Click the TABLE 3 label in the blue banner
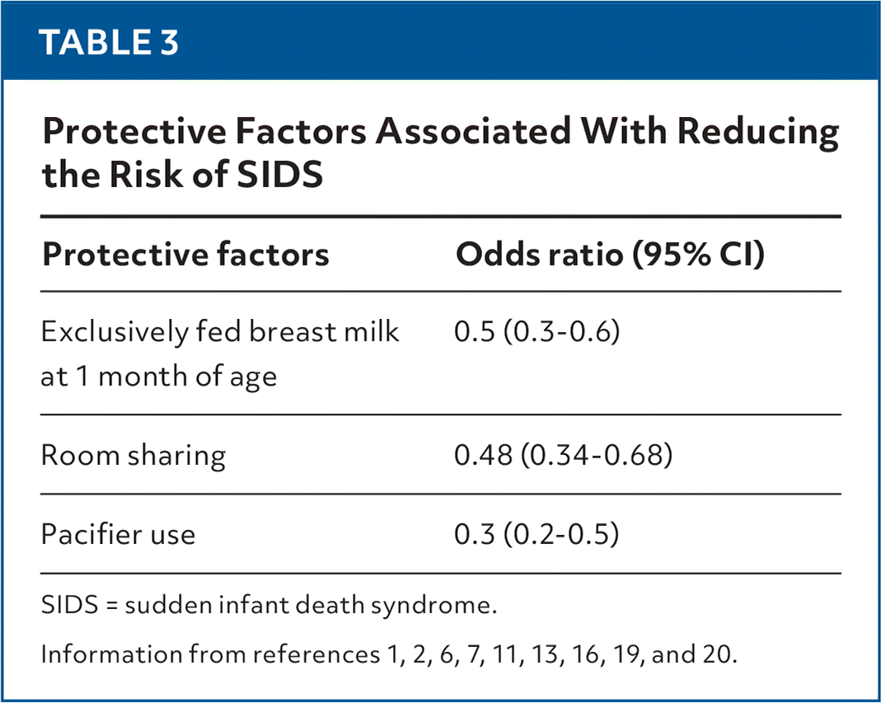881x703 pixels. [x=109, y=42]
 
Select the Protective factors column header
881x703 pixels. [x=185, y=255]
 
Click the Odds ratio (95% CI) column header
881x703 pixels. [x=611, y=255]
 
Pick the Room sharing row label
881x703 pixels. [x=134, y=455]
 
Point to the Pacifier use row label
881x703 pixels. [x=119, y=534]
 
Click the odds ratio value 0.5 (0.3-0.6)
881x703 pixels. [x=537, y=332]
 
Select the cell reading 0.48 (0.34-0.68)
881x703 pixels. [x=563, y=455]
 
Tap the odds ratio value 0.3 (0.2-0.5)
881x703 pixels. [x=537, y=534]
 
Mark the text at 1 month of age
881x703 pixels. [x=159, y=377]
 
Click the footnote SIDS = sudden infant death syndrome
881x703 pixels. [x=269, y=607]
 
